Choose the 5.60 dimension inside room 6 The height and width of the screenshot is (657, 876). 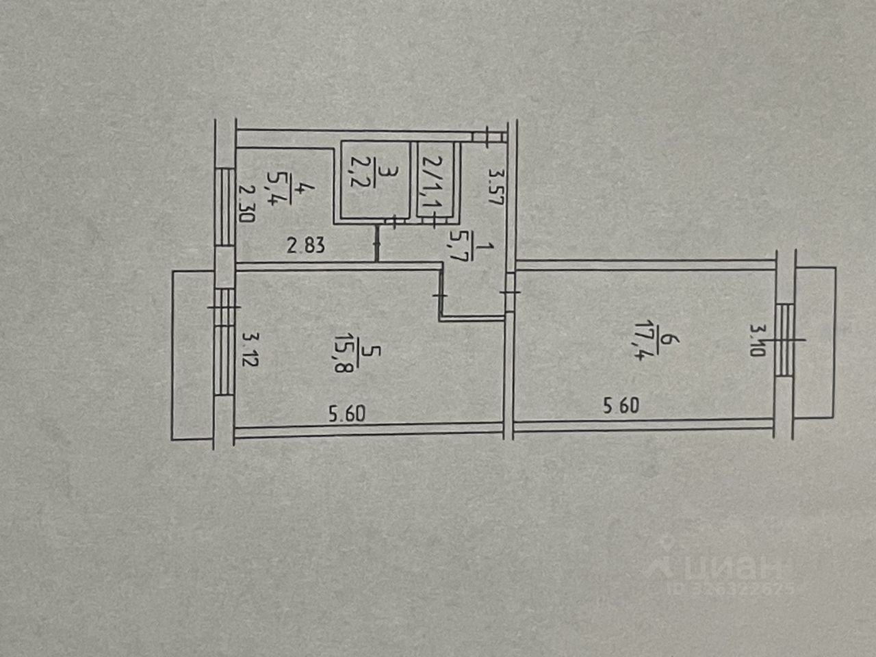tap(621, 406)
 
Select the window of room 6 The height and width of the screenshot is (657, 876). tap(786, 340)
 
